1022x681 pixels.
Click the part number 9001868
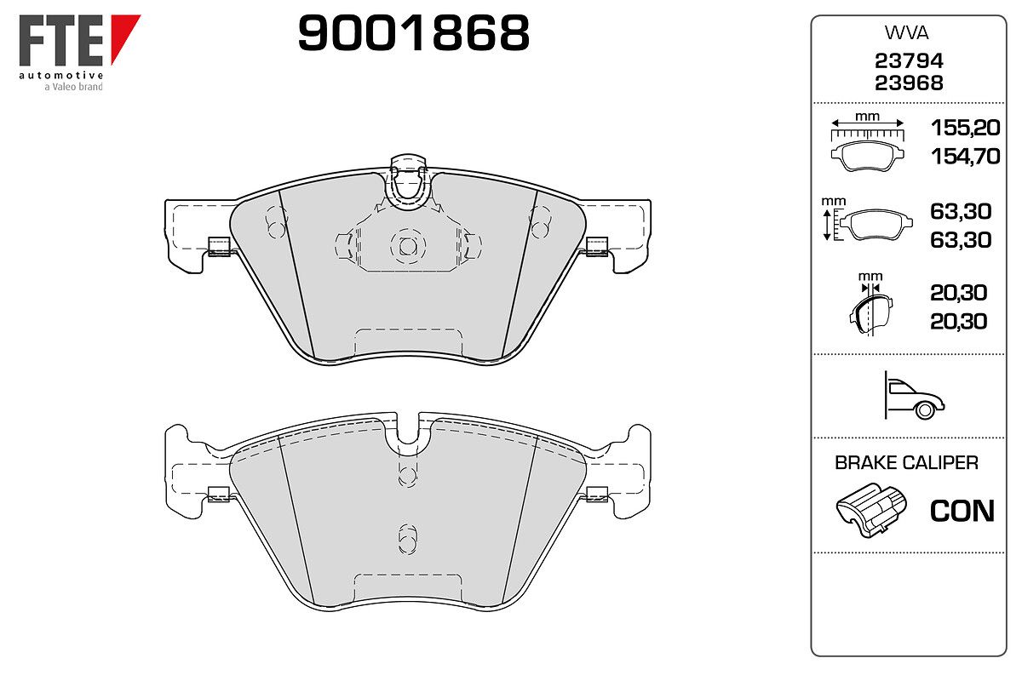(x=413, y=32)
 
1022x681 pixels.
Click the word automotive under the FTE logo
(x=61, y=75)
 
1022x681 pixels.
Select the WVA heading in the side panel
(x=906, y=33)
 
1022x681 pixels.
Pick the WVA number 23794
(x=909, y=60)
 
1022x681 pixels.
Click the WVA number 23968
(x=909, y=83)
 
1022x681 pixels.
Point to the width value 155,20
(x=965, y=128)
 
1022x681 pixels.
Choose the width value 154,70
(x=965, y=157)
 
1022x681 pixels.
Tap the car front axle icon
(x=913, y=396)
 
